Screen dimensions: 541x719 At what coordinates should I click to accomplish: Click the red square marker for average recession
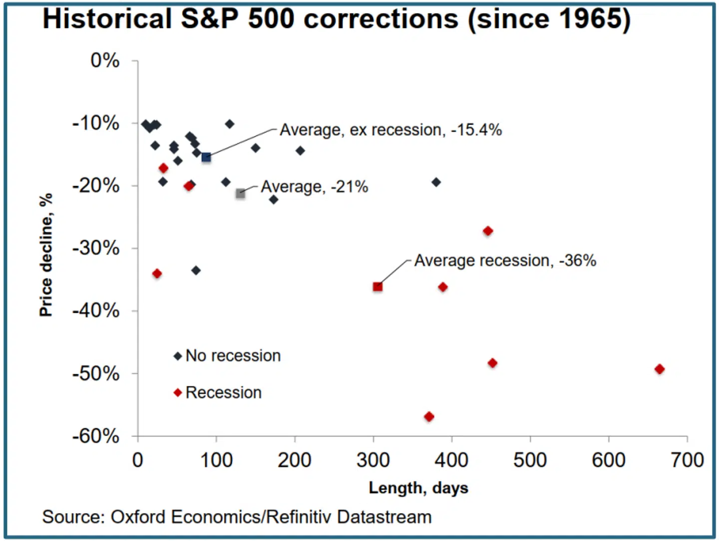(x=377, y=286)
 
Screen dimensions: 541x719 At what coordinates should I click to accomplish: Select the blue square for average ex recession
(x=206, y=157)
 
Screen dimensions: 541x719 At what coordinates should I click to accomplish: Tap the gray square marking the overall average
(x=240, y=193)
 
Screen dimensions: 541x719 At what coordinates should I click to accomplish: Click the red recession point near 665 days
(x=659, y=369)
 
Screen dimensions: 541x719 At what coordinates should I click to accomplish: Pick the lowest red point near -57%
(x=429, y=416)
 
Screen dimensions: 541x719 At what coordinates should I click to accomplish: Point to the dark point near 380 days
(x=436, y=182)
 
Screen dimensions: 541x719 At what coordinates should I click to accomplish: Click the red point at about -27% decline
(x=488, y=231)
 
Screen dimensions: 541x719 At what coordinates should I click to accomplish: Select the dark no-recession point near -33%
(x=196, y=270)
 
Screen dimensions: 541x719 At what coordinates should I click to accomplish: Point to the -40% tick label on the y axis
(x=96, y=310)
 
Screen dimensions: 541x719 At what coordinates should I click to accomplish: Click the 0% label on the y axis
(x=105, y=60)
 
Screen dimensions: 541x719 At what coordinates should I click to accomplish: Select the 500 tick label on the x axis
(x=530, y=460)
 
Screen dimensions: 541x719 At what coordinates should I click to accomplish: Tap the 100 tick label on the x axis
(x=216, y=460)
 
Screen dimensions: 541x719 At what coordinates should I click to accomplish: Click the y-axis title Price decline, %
(x=46, y=255)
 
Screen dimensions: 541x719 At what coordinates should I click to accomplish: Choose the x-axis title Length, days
(x=418, y=488)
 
